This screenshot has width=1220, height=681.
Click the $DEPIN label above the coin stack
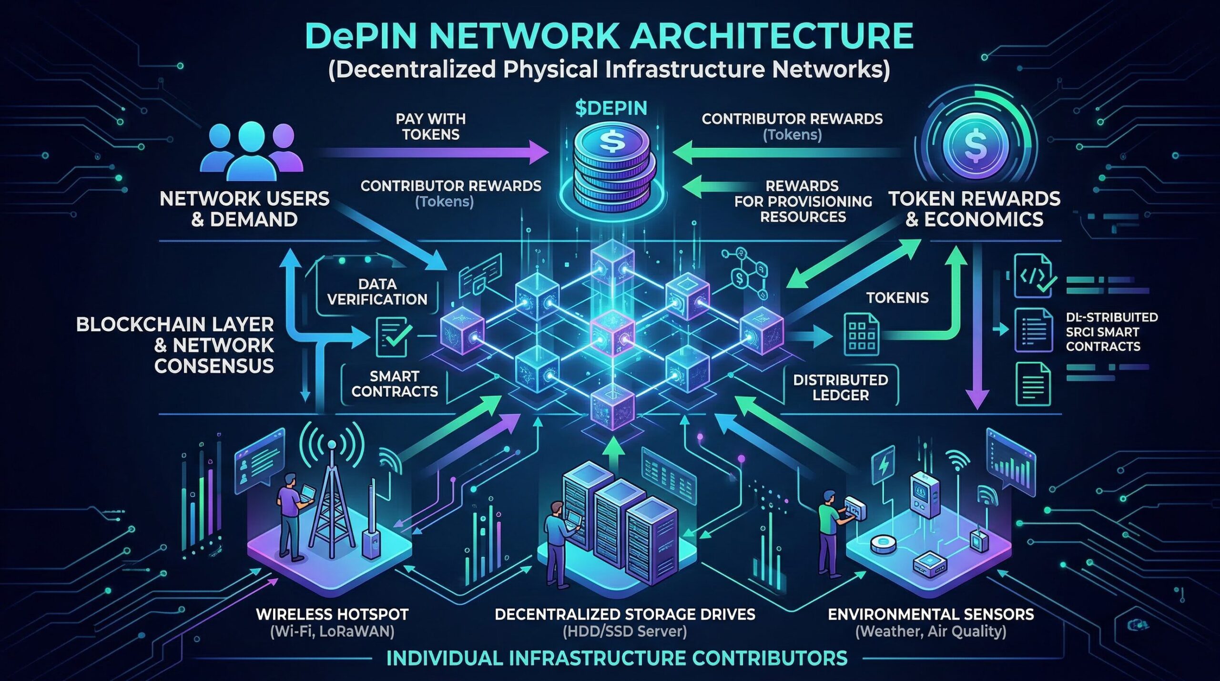(611, 109)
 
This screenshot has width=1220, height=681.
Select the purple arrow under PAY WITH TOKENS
(434, 153)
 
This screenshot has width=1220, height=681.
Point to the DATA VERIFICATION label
(377, 292)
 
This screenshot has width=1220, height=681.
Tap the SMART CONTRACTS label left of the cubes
(395, 384)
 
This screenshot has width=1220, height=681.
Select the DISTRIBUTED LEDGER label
(840, 387)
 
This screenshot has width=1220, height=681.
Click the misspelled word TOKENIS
(897, 298)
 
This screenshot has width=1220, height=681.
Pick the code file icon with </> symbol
(1033, 276)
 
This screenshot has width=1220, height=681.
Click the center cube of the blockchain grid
(612, 332)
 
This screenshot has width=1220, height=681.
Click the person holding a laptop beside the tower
(292, 515)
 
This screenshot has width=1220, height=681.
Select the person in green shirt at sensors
(828, 529)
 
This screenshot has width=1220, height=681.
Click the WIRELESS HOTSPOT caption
(332, 614)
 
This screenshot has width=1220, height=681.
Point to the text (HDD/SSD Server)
(625, 632)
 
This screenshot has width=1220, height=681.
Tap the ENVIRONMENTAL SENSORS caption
(931, 614)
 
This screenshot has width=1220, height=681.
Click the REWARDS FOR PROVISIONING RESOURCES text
(803, 201)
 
